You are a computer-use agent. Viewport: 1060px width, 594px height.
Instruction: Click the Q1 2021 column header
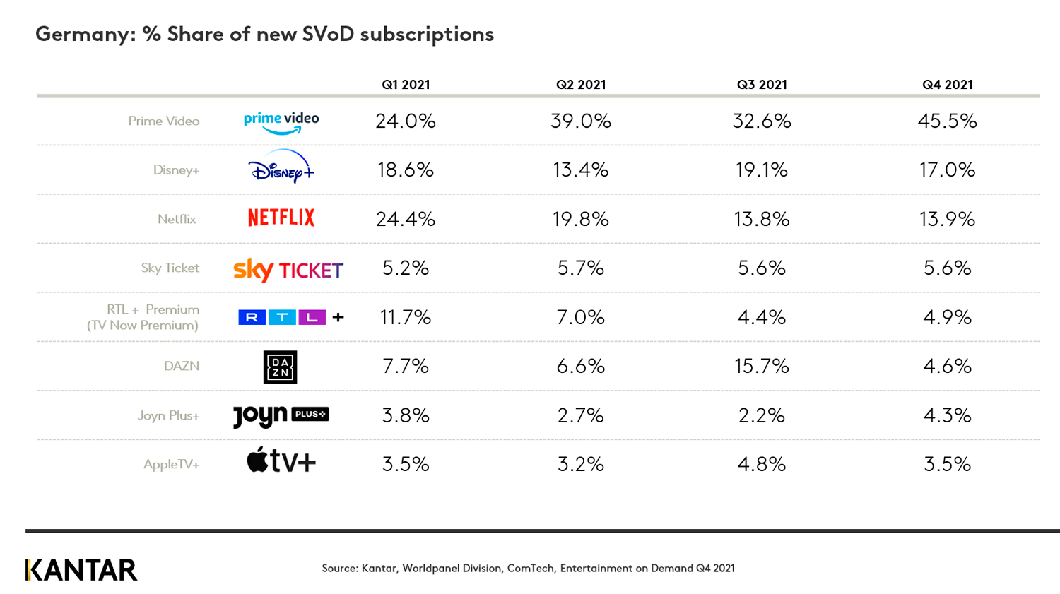click(x=406, y=85)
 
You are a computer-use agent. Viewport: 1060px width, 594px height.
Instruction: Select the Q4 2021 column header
click(x=947, y=85)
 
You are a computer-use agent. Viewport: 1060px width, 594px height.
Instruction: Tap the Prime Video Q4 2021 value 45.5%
click(x=947, y=121)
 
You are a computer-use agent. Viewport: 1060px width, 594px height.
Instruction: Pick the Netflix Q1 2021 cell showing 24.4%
click(x=405, y=219)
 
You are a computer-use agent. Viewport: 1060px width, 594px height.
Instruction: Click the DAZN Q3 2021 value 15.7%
click(x=761, y=366)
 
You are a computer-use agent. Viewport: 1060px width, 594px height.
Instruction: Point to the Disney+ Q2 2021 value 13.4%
click(x=580, y=170)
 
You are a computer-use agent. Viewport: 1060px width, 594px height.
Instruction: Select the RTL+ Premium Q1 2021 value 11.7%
click(x=405, y=317)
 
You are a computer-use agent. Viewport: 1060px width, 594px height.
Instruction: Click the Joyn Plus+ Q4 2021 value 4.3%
click(x=947, y=415)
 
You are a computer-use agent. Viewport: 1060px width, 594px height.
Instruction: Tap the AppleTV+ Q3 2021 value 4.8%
click(x=761, y=464)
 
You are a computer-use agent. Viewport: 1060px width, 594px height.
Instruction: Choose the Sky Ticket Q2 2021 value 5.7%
click(x=580, y=268)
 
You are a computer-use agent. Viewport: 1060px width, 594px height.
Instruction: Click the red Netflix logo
click(x=281, y=218)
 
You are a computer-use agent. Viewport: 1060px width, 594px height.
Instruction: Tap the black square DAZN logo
click(x=280, y=367)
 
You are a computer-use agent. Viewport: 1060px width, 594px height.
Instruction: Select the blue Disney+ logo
click(x=281, y=167)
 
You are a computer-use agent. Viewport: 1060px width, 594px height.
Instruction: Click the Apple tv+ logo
click(x=281, y=461)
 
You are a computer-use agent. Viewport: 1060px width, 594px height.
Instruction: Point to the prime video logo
click(x=281, y=121)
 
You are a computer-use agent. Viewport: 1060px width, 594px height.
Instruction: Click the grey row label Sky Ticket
click(x=170, y=268)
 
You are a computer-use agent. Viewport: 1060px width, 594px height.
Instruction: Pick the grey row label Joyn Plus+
click(x=168, y=415)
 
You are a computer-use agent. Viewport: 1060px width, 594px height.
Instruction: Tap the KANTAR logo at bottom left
click(x=81, y=570)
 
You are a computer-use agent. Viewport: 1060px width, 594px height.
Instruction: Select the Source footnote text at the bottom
click(x=528, y=568)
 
